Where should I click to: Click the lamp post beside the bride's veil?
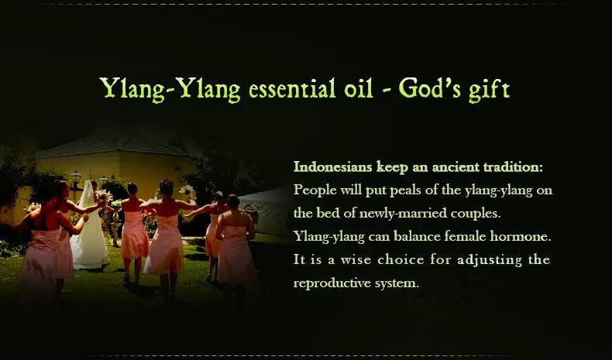(x=75, y=186)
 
